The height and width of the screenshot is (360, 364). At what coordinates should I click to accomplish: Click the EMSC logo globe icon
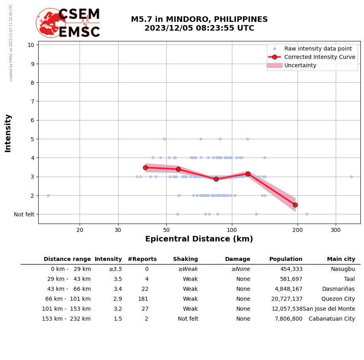click(x=51, y=23)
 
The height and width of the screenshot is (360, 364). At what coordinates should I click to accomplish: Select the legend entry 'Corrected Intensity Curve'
click(x=319, y=57)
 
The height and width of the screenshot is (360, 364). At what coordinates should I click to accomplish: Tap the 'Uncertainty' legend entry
click(x=300, y=65)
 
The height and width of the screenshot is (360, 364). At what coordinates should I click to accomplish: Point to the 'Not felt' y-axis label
click(x=24, y=214)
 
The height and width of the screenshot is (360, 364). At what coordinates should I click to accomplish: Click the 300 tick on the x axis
click(x=336, y=230)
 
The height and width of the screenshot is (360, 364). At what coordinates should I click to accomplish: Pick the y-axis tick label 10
click(x=31, y=45)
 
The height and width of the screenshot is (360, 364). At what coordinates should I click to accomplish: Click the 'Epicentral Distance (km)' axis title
click(x=199, y=239)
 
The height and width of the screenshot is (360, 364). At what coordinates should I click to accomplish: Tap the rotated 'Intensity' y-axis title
click(x=8, y=133)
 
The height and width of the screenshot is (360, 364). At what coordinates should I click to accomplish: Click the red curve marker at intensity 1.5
click(x=295, y=205)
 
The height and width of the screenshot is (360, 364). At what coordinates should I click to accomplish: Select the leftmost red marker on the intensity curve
click(x=145, y=167)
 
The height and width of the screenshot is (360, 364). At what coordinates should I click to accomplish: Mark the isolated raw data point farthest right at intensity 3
click(x=351, y=177)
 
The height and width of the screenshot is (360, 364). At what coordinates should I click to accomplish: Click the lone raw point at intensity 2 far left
click(x=48, y=195)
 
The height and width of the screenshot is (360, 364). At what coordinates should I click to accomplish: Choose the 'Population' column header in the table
click(x=286, y=259)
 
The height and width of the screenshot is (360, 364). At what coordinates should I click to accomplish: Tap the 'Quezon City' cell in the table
click(x=339, y=299)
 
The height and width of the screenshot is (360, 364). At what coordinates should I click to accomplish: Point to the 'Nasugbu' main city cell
click(x=343, y=269)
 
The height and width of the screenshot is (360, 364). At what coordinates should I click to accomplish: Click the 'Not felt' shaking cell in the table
click(x=188, y=319)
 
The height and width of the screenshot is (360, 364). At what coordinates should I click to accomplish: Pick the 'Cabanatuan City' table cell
click(x=332, y=319)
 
